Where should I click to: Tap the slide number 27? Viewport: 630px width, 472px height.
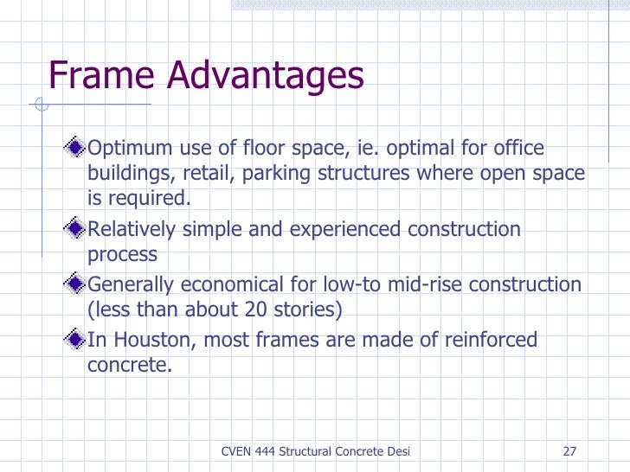(x=569, y=451)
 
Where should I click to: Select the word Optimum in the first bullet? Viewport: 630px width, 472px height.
(x=131, y=150)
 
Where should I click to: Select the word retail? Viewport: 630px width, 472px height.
(x=209, y=174)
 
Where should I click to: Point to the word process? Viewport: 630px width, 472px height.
(x=122, y=255)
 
